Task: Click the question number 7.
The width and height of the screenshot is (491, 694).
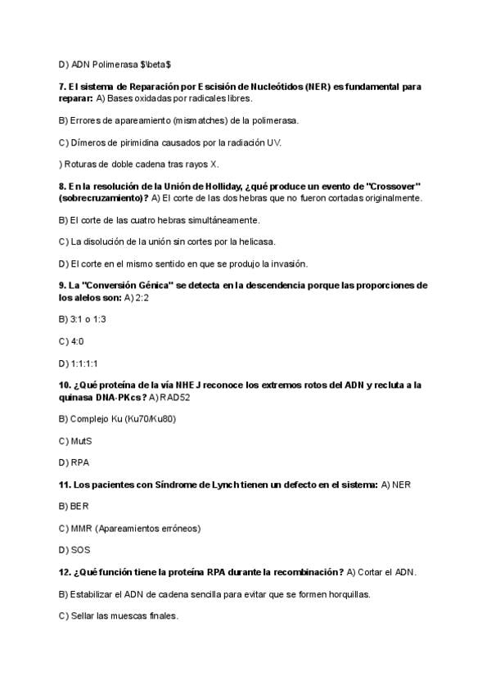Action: [63, 86]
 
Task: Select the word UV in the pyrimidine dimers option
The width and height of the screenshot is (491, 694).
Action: [273, 142]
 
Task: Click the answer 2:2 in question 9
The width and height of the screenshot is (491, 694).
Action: [142, 297]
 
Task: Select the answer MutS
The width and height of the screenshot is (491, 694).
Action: [80, 441]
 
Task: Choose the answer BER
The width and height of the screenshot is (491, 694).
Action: [79, 507]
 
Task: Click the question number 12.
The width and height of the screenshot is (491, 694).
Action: [65, 571]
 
